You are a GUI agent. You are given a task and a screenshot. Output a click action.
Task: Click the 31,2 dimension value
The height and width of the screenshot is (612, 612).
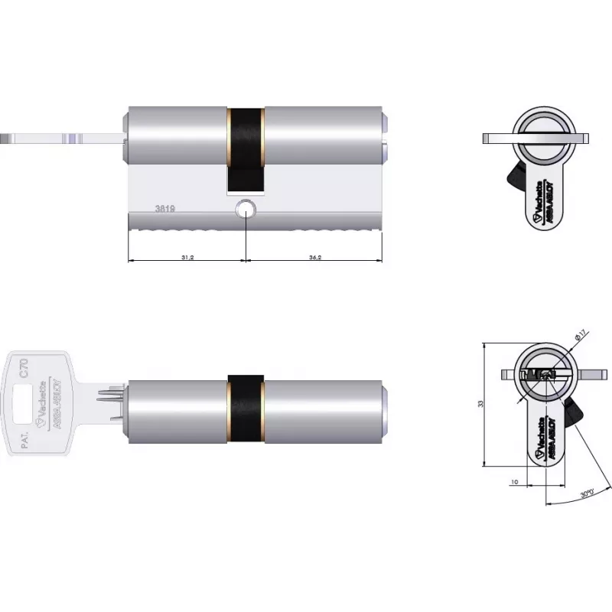pyautogui.click(x=187, y=258)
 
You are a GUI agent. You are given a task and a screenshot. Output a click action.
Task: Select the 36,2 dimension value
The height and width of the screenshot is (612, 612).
pyautogui.click(x=314, y=258)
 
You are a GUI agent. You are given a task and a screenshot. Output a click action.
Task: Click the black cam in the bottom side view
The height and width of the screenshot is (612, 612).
pyautogui.click(x=246, y=409)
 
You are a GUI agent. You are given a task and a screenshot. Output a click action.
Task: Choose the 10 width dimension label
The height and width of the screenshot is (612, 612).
pyautogui.click(x=513, y=482)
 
